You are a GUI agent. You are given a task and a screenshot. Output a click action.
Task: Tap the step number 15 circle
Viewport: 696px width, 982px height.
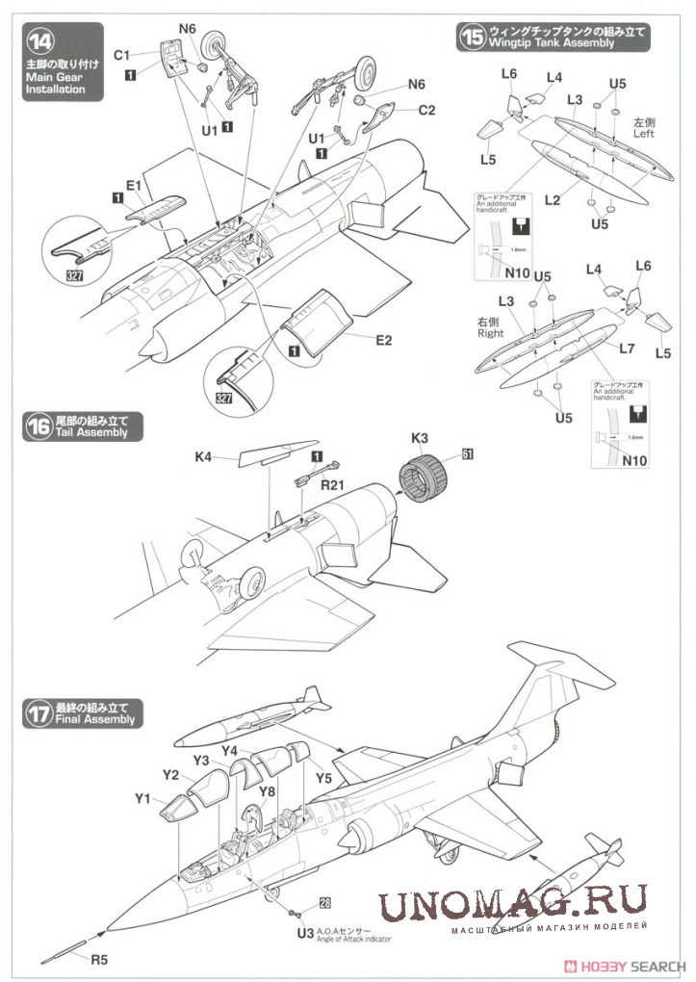(x=472, y=38)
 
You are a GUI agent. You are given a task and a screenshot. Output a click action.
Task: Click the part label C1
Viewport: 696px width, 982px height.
(x=121, y=55)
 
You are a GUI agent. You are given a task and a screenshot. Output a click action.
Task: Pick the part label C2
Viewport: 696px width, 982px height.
(x=425, y=110)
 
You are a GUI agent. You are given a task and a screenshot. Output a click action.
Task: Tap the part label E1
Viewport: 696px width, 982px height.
(x=133, y=185)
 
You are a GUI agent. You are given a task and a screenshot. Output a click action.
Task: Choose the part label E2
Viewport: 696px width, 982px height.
(x=383, y=339)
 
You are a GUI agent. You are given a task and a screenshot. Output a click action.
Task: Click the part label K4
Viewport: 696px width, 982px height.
(x=203, y=457)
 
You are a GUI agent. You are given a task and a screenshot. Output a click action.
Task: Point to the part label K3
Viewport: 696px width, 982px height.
(x=420, y=437)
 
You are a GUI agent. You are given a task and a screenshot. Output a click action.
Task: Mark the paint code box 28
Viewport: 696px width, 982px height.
(x=324, y=902)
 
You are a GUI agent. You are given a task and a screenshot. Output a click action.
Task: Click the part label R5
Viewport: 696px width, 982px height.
(x=101, y=958)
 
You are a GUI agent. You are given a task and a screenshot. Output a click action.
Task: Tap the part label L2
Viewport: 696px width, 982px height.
(x=552, y=200)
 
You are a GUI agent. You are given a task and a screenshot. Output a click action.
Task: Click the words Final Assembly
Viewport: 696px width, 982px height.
(x=96, y=719)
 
